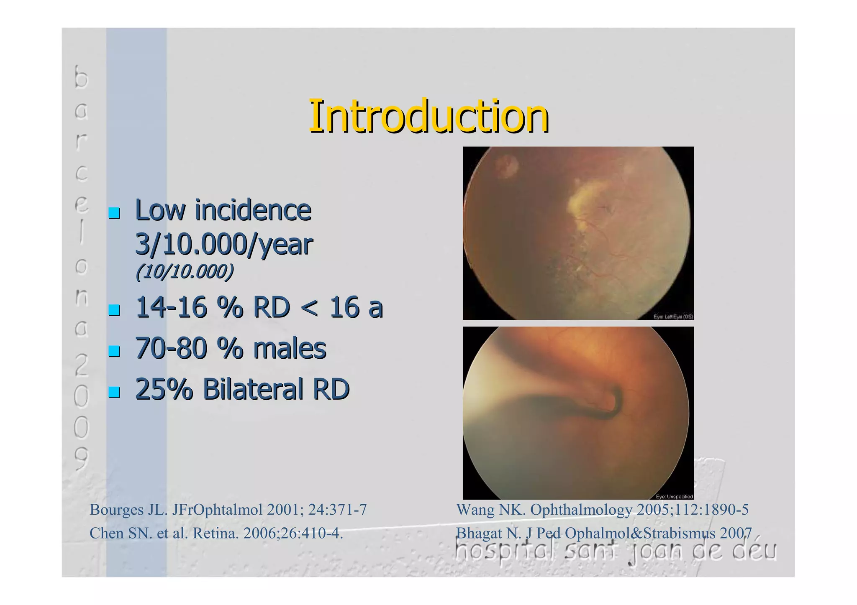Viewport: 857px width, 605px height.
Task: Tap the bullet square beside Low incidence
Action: pos(114,213)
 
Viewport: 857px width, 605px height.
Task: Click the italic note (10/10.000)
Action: pos(185,272)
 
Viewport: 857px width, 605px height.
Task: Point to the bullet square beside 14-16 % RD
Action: pos(114,310)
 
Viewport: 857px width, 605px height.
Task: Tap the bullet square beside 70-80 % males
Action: pos(114,351)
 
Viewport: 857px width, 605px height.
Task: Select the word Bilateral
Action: pos(253,389)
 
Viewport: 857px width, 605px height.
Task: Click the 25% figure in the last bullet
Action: pos(164,389)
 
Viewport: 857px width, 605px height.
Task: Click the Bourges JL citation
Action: pos(228,510)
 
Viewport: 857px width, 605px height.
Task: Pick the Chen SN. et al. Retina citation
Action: pos(216,533)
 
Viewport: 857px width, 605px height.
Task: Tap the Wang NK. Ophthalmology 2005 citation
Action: pos(602,510)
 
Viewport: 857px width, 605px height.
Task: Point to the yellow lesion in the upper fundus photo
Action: pos(586,201)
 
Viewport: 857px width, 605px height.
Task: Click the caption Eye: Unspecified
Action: pos(674,497)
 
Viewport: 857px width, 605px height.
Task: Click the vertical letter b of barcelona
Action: pos(82,77)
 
